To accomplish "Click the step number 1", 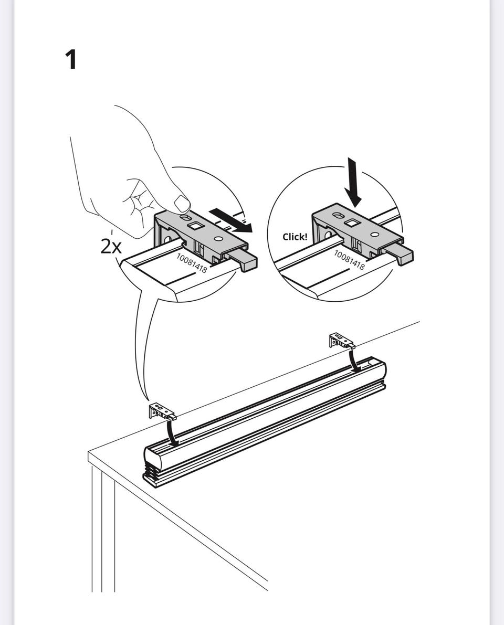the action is (70, 60).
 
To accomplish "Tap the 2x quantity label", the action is (111, 247).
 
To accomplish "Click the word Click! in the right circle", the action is (295, 237).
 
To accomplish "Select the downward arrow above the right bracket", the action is (353, 183).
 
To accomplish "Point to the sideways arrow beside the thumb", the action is (232, 220).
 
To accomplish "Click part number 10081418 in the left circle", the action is (192, 263).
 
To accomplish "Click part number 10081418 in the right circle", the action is (349, 260).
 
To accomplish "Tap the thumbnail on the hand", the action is (182, 203).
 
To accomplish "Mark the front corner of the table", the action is (89, 452).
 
